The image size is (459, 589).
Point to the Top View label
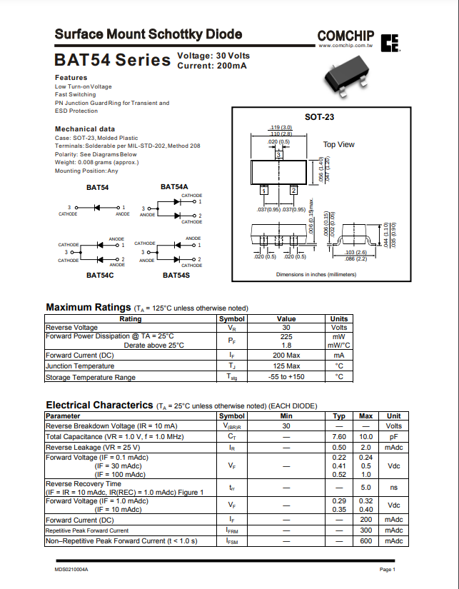coord(338,144)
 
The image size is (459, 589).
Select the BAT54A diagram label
coord(174,187)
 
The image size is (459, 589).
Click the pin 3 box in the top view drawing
coord(278,154)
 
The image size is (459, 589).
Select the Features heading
coord(71,77)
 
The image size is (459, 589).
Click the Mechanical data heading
coord(85,129)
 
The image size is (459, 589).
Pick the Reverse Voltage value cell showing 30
coord(286,328)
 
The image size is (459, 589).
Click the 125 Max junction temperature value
coord(286,366)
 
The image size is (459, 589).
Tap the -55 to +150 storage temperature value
coord(286,377)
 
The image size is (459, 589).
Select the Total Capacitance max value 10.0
coord(365,436)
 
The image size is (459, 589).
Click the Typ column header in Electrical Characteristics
coord(339,416)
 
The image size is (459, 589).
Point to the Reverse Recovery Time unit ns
coord(393,488)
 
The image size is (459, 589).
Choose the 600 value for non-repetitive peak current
coord(365,541)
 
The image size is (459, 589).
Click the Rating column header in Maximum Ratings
coord(130,319)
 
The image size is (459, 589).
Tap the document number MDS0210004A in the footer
coord(71,569)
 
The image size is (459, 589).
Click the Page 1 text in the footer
coord(387,569)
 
